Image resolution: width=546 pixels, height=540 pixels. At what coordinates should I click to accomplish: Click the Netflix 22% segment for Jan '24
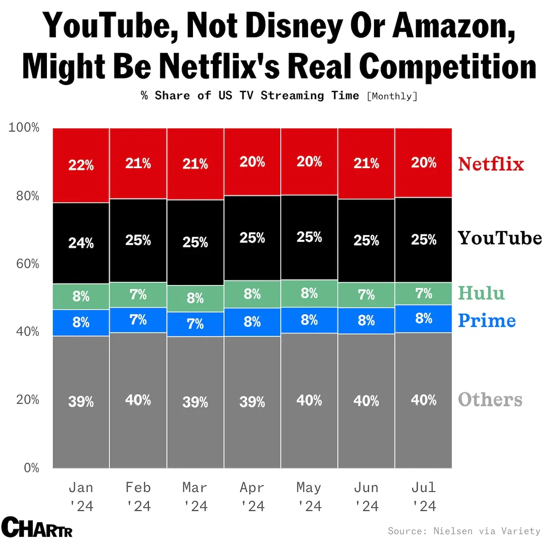click(81, 165)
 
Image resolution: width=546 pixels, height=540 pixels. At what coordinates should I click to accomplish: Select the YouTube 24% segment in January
click(81, 243)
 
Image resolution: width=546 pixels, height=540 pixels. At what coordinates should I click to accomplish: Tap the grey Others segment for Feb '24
click(138, 400)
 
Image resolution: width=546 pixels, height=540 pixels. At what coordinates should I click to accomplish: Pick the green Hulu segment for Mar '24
click(195, 298)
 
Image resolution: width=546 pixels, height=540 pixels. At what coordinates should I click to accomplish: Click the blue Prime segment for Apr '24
click(252, 322)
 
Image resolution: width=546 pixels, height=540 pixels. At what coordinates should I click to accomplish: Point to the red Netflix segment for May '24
click(309, 161)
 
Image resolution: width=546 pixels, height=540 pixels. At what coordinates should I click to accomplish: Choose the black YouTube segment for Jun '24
click(366, 240)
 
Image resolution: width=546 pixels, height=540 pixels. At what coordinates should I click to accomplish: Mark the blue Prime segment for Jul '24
click(424, 319)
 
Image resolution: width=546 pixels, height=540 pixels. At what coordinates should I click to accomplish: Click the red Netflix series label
click(491, 164)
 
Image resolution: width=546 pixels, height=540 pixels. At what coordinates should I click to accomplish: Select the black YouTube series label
click(500, 238)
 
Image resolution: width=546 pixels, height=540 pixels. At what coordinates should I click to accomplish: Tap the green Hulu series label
click(481, 293)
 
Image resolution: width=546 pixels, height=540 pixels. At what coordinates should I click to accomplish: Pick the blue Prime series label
click(487, 320)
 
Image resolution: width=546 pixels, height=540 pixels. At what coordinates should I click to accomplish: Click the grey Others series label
click(490, 400)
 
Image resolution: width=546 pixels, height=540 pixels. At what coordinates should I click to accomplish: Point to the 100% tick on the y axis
click(24, 128)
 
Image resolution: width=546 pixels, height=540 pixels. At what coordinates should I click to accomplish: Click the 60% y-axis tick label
click(27, 264)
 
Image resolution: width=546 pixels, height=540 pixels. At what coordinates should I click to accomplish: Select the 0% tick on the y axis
click(31, 468)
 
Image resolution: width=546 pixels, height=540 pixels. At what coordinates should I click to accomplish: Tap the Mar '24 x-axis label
click(195, 497)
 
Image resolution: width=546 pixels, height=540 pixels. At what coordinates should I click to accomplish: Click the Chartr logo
click(37, 527)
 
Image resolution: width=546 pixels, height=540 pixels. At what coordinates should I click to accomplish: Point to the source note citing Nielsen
click(464, 531)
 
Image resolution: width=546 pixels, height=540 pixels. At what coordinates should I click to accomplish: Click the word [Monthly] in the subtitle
click(392, 96)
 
